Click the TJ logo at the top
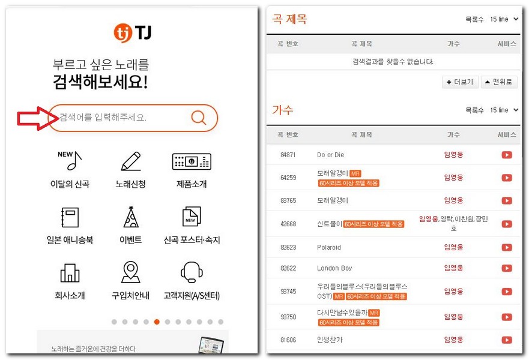tap(132, 32)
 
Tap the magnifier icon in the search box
tap(198, 118)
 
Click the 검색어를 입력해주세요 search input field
tap(120, 118)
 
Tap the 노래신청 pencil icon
tap(130, 161)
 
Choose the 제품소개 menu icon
tap(191, 161)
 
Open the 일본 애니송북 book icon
tap(70, 217)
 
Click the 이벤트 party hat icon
tap(130, 217)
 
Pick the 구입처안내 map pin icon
tap(130, 272)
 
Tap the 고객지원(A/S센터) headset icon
tap(191, 272)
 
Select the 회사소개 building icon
tap(70, 272)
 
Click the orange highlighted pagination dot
tap(157, 322)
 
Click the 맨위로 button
tap(499, 82)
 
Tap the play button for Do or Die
tap(507, 155)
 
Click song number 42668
tap(288, 224)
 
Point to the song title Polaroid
tap(328, 247)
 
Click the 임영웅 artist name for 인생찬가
tap(453, 340)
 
